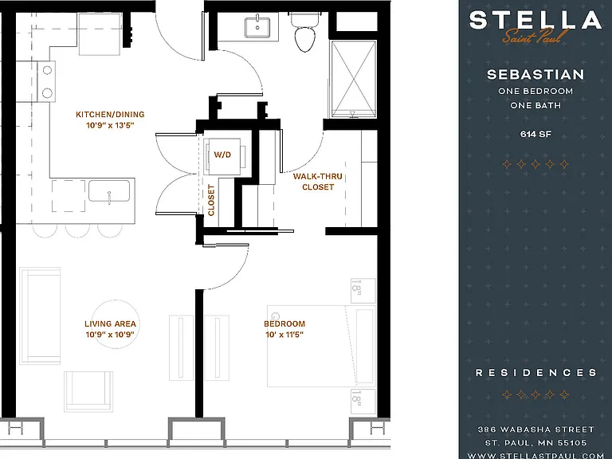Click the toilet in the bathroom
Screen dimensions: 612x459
pos(304,33)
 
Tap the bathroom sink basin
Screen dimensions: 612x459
pos(257,26)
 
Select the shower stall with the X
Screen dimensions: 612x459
pos(354,79)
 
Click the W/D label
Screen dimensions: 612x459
pos(222,155)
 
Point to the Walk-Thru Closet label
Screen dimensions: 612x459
pos(318,182)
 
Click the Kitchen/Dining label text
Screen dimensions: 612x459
pos(110,115)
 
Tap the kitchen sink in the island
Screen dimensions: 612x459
pos(109,191)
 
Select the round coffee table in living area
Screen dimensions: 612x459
pos(116,324)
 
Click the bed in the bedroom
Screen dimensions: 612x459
pos(321,346)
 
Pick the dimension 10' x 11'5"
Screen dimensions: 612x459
pos(284,335)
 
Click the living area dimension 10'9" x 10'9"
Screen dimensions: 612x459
pos(110,335)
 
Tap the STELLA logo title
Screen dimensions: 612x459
pos(535,20)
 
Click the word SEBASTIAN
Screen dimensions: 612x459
pos(535,74)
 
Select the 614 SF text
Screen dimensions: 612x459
pos(535,134)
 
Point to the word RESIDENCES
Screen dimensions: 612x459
pos(535,373)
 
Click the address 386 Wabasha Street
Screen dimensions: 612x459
pos(535,430)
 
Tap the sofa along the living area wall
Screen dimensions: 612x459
pos(40,316)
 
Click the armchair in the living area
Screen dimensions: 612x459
pos(88,391)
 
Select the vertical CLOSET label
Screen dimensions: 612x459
pos(211,200)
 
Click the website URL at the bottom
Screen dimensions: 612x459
pos(535,455)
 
